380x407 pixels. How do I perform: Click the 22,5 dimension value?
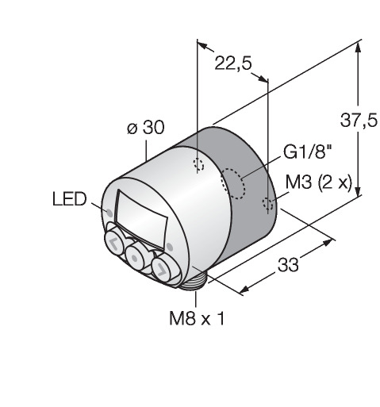233,63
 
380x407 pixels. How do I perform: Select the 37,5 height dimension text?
359,121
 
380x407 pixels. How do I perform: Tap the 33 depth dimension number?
288,265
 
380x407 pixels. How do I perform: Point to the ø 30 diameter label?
145,128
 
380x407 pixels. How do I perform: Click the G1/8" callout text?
307,152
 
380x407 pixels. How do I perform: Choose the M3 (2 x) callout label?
319,182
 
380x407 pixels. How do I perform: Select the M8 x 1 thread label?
197,318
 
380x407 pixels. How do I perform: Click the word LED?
70,199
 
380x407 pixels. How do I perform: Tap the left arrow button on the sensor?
114,243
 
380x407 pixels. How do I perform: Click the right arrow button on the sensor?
162,268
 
